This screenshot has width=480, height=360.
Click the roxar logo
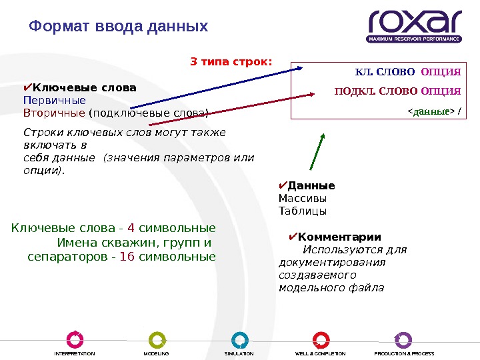tap(414, 25)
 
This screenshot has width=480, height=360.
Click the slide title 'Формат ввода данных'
tap(119, 27)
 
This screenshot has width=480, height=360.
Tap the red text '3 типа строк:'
tap(231, 62)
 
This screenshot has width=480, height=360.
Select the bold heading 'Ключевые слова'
tap(84, 88)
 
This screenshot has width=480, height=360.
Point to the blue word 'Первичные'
tap(55, 100)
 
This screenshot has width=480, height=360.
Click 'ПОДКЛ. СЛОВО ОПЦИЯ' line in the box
tap(397, 91)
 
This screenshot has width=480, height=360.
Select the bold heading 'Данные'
tap(311, 186)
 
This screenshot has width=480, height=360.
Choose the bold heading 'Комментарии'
tap(339, 237)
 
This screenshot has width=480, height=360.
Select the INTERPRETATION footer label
tap(75, 353)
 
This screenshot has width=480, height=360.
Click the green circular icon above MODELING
tap(157, 339)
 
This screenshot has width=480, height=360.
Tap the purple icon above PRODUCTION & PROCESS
tap(403, 339)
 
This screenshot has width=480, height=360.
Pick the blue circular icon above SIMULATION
tap(239, 339)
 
